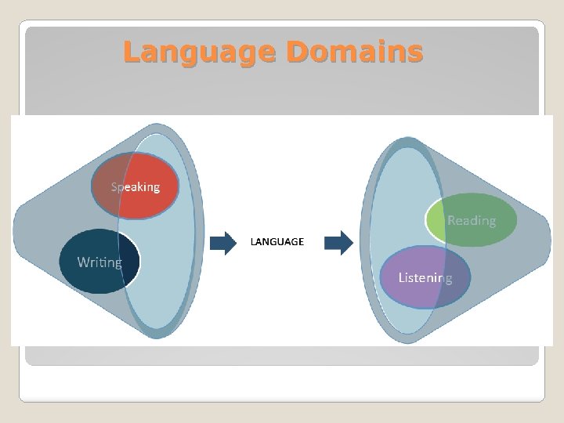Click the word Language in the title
click(x=200, y=52)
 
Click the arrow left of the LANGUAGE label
click(x=223, y=243)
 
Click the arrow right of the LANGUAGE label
click(x=338, y=243)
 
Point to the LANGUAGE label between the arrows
click(x=277, y=242)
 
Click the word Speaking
click(x=135, y=186)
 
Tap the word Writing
click(x=99, y=262)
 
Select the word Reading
click(x=472, y=220)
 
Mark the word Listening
click(x=425, y=277)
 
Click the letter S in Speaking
click(x=114, y=186)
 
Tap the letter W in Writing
click(x=83, y=262)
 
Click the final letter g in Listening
click(x=448, y=280)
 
